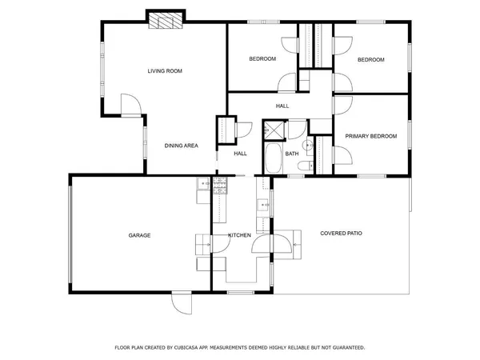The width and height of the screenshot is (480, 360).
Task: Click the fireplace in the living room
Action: (x=166, y=22)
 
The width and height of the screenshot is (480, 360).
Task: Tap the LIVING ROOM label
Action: (x=165, y=71)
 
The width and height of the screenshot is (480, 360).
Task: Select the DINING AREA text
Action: (x=181, y=146)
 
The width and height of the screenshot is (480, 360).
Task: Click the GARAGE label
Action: (x=139, y=235)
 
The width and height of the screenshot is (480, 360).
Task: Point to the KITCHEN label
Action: (x=239, y=235)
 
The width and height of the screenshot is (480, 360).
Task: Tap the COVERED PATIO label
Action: (x=341, y=234)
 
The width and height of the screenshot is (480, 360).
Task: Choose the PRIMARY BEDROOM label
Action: (x=370, y=136)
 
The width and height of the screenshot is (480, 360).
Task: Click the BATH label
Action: (x=292, y=153)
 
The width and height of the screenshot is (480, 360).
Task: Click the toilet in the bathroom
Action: (x=304, y=166)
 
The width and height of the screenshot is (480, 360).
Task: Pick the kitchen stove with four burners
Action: (x=219, y=186)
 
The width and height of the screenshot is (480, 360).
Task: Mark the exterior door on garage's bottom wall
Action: (x=182, y=301)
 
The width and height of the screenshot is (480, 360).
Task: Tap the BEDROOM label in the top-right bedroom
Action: (x=370, y=59)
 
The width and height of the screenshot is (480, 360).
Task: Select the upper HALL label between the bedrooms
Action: (x=282, y=106)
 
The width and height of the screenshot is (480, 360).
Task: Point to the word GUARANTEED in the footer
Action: (x=346, y=348)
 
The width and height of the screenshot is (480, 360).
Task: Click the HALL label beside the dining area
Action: (x=240, y=153)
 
